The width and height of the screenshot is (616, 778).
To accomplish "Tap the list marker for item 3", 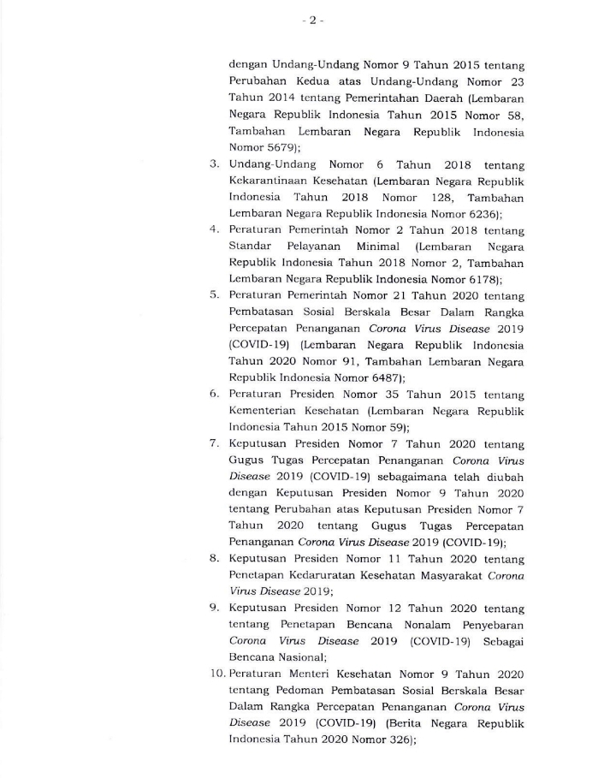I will (215, 163).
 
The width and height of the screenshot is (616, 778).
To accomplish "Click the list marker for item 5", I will (215, 295).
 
